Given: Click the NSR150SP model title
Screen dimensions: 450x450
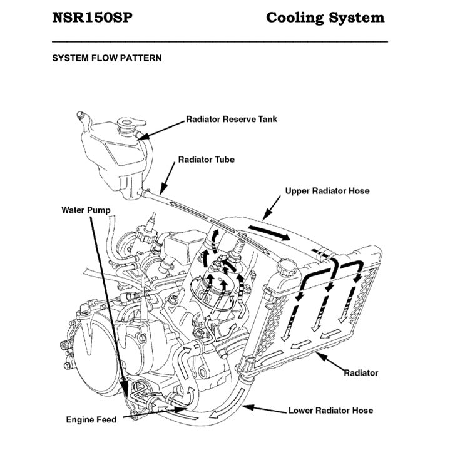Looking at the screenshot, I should point(92,18).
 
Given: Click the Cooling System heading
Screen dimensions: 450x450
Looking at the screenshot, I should point(325,18).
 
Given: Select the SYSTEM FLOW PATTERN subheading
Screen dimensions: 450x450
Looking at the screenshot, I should point(107,58).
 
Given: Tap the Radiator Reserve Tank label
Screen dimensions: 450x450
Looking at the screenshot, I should point(231,118).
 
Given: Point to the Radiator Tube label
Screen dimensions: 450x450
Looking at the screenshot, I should point(206,160).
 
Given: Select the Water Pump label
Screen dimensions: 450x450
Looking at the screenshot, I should point(86,210).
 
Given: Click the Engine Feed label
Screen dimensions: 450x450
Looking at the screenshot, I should point(91,419).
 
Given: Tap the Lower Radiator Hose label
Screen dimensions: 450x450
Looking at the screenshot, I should point(330,411).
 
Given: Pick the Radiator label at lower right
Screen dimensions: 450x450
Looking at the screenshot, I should point(361,372).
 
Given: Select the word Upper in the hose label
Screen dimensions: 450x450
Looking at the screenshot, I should point(297,191).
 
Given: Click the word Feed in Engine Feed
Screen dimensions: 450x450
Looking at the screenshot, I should point(106,419).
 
